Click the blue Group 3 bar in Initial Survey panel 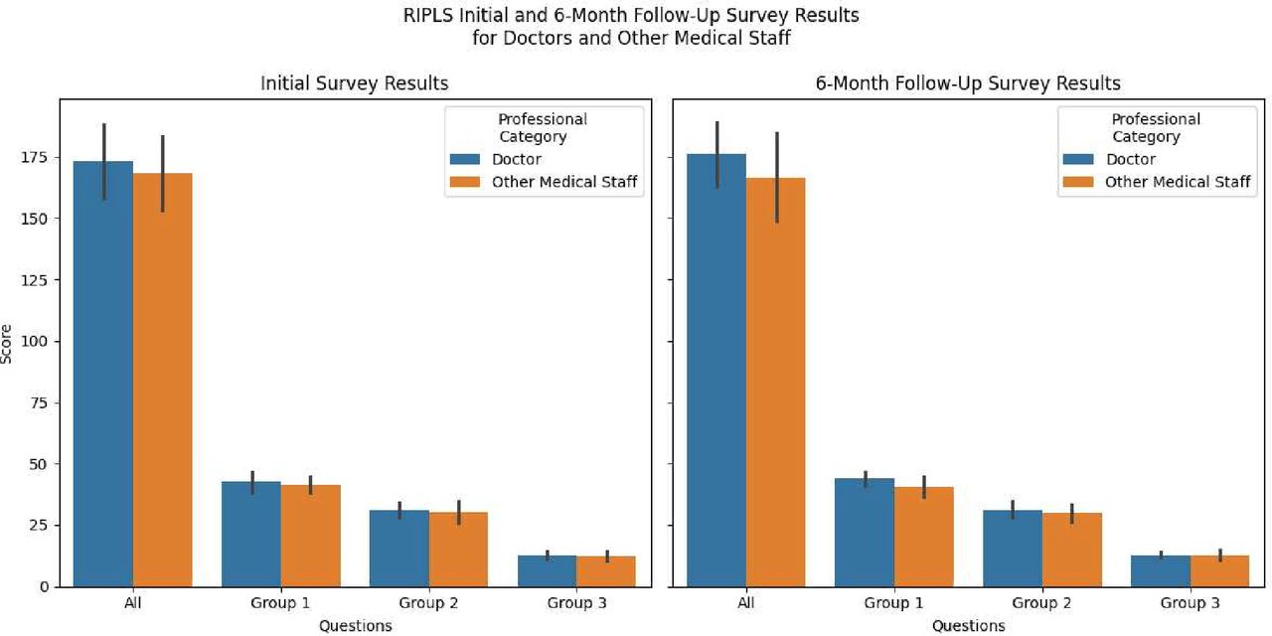(548, 570)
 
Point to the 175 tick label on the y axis (34, 157)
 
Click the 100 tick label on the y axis (34, 341)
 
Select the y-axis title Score (8, 342)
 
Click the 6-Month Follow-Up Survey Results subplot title (968, 83)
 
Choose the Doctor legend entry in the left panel (517, 159)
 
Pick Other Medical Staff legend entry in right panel (1178, 182)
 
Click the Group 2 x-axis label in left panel (429, 603)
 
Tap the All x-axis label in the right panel (746, 603)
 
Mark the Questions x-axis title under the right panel (968, 626)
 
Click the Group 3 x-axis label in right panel (1191, 603)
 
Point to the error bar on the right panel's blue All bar (717, 154)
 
